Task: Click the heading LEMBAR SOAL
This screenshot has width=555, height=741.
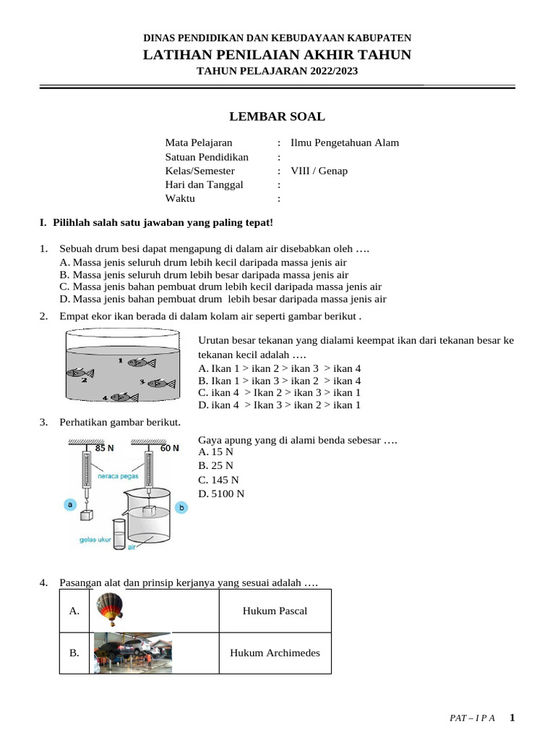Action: pos(277,117)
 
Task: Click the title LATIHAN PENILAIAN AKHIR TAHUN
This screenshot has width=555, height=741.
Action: pos(277,54)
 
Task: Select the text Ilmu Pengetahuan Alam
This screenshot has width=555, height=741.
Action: pos(344,143)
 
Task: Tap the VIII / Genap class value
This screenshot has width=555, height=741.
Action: pos(319,171)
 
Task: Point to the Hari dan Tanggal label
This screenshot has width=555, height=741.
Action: pos(204,185)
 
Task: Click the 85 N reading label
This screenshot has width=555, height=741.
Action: pos(105,448)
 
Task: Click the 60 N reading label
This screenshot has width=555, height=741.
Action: pos(170,448)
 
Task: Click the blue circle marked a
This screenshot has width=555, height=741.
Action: pos(71,504)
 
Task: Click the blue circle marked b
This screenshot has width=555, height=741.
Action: pos(181,508)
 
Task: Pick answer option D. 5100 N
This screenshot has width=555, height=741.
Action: pos(221,494)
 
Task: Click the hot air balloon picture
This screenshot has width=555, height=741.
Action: pos(109,609)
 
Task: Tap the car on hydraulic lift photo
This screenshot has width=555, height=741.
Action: pos(133,653)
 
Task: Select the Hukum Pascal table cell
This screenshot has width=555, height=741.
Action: pos(275,611)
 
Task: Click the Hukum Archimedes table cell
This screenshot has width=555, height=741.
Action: pos(275,653)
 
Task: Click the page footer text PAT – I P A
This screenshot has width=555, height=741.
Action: pos(472,719)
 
